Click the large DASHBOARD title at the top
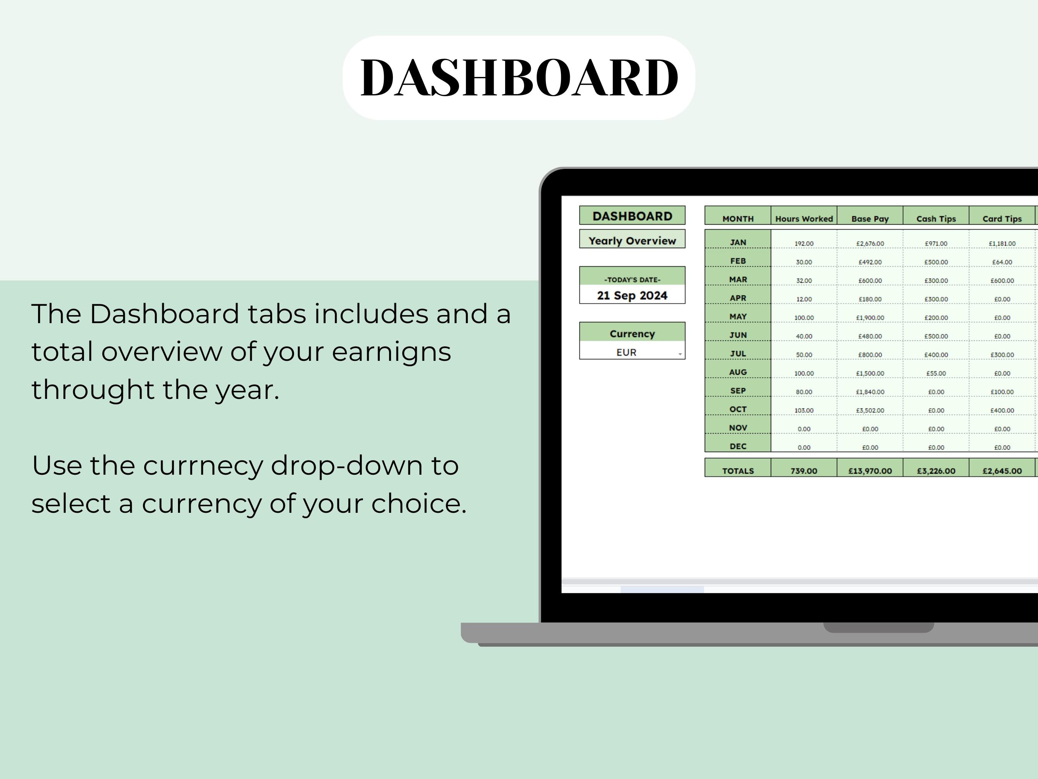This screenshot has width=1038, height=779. coord(519,77)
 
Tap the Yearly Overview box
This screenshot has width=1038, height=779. coord(632,240)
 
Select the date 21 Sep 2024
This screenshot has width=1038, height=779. coord(632,295)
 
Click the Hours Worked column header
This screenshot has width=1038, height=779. coord(804,219)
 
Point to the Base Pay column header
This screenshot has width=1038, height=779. coord(870,219)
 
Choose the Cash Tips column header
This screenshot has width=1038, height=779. coord(936,219)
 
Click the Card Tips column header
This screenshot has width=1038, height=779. coord(1002,219)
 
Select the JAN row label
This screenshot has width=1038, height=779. coord(738,242)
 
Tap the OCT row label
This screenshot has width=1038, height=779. coord(738,409)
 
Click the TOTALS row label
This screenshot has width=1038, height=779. coord(738,470)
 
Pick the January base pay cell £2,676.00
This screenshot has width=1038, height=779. coord(870,243)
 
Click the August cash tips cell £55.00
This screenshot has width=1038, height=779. coord(936,373)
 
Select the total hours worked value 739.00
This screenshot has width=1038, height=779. coord(804,470)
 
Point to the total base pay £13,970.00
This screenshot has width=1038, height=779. coord(870,470)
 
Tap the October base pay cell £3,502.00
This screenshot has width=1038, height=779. coord(870,410)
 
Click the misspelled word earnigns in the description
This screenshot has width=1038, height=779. coord(391,352)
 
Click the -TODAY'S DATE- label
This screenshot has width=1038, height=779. coord(632,279)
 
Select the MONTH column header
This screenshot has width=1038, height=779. coord(738,219)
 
